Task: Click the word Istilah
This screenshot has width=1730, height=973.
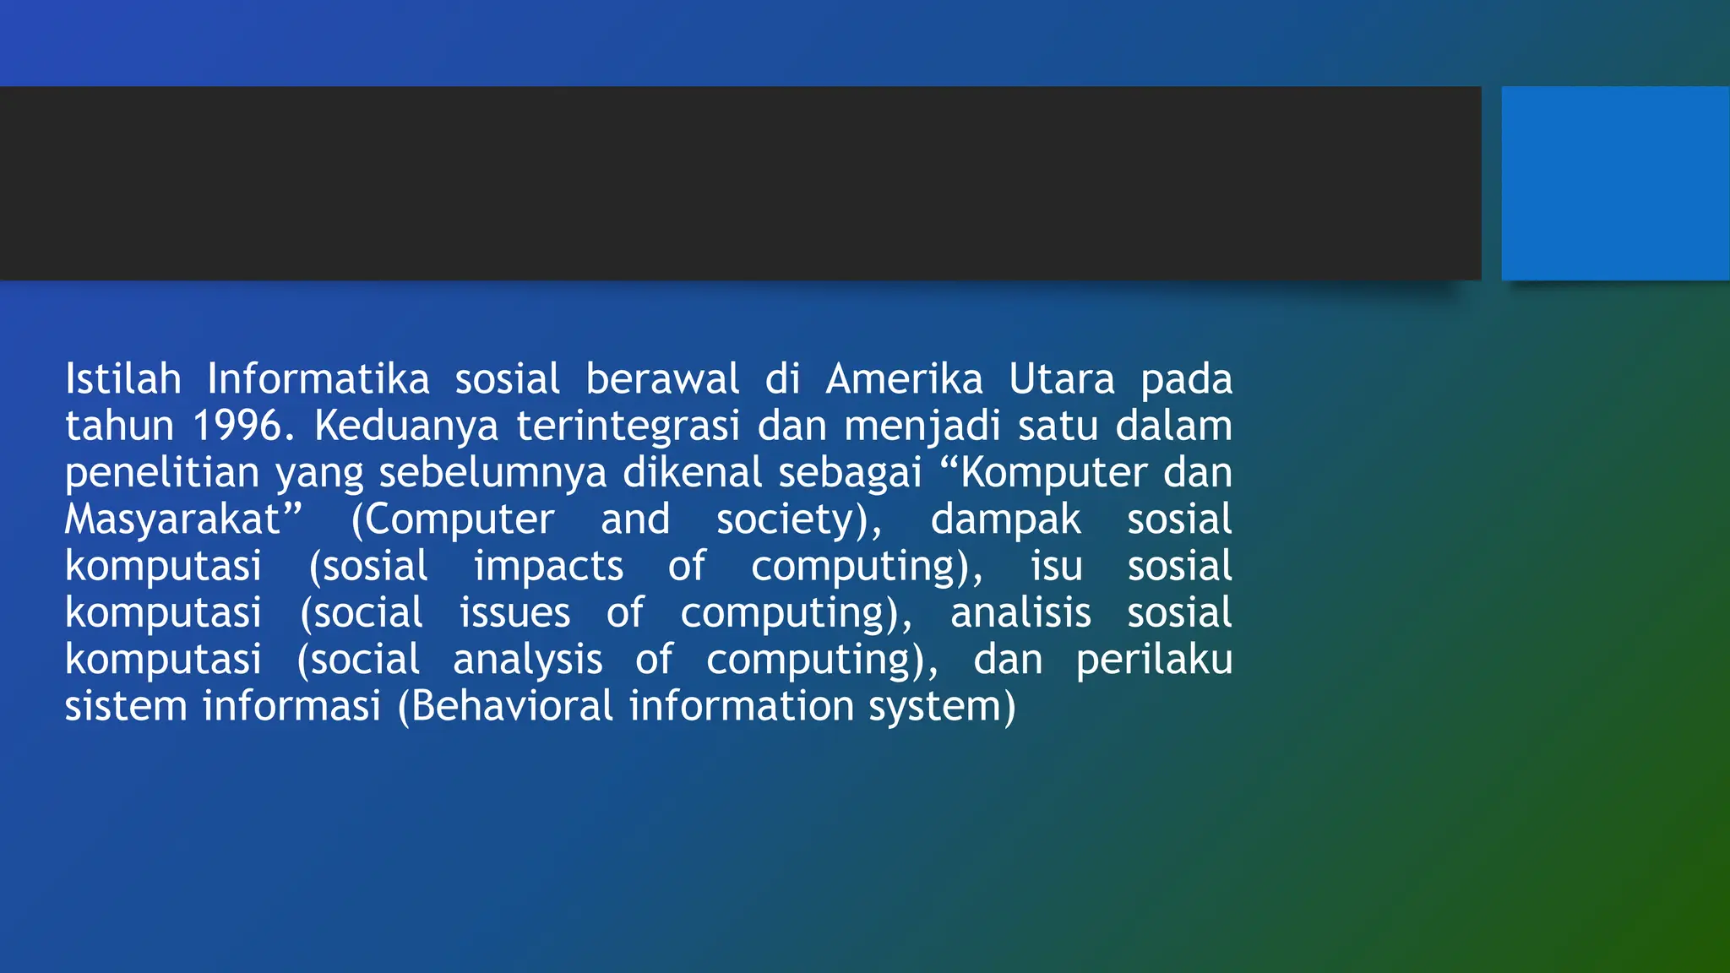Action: tap(123, 379)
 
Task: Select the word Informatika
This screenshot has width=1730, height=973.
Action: tap(318, 379)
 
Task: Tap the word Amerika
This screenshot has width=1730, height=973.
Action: tap(904, 379)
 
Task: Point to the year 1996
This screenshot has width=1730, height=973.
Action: tap(238, 426)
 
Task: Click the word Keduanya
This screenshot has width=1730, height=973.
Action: tap(406, 426)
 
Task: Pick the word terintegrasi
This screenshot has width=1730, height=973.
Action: tap(628, 426)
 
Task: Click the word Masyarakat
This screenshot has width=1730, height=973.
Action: tap(173, 519)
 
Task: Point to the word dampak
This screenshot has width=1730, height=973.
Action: tap(1005, 519)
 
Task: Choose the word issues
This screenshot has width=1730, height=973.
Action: tap(514, 612)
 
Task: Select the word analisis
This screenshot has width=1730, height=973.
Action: tap(1020, 612)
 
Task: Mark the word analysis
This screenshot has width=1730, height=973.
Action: tap(527, 660)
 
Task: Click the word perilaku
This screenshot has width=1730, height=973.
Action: tap(1154, 660)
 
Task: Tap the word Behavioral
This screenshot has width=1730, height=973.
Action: tap(512, 706)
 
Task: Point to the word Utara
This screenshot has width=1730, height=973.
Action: tap(1062, 379)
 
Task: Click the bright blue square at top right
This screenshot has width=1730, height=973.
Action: tap(1615, 182)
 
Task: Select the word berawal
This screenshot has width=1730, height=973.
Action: tap(662, 379)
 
